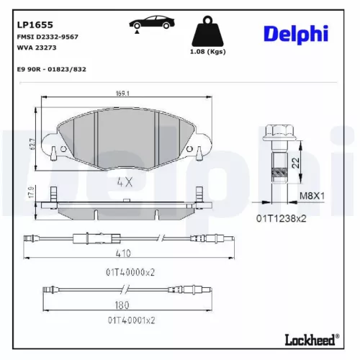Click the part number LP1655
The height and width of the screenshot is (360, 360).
click(32, 24)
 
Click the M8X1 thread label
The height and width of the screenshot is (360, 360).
click(312, 195)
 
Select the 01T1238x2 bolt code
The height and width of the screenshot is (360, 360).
click(282, 217)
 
